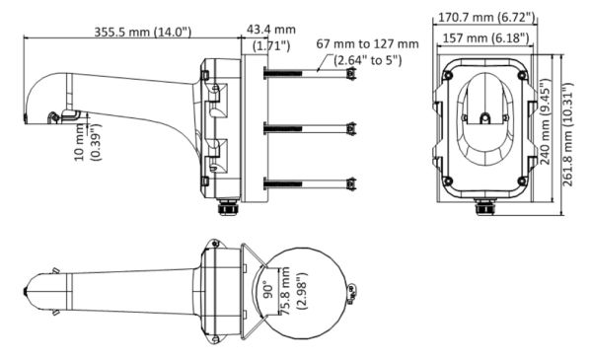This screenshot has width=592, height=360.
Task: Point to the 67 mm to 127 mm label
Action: pyautogui.click(x=366, y=44)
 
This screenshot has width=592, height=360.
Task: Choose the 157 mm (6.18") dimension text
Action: pyautogui.click(x=485, y=37)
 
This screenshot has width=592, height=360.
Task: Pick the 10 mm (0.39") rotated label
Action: pyautogui.click(x=86, y=140)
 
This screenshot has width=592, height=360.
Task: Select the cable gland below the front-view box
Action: pyautogui.click(x=484, y=207)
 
